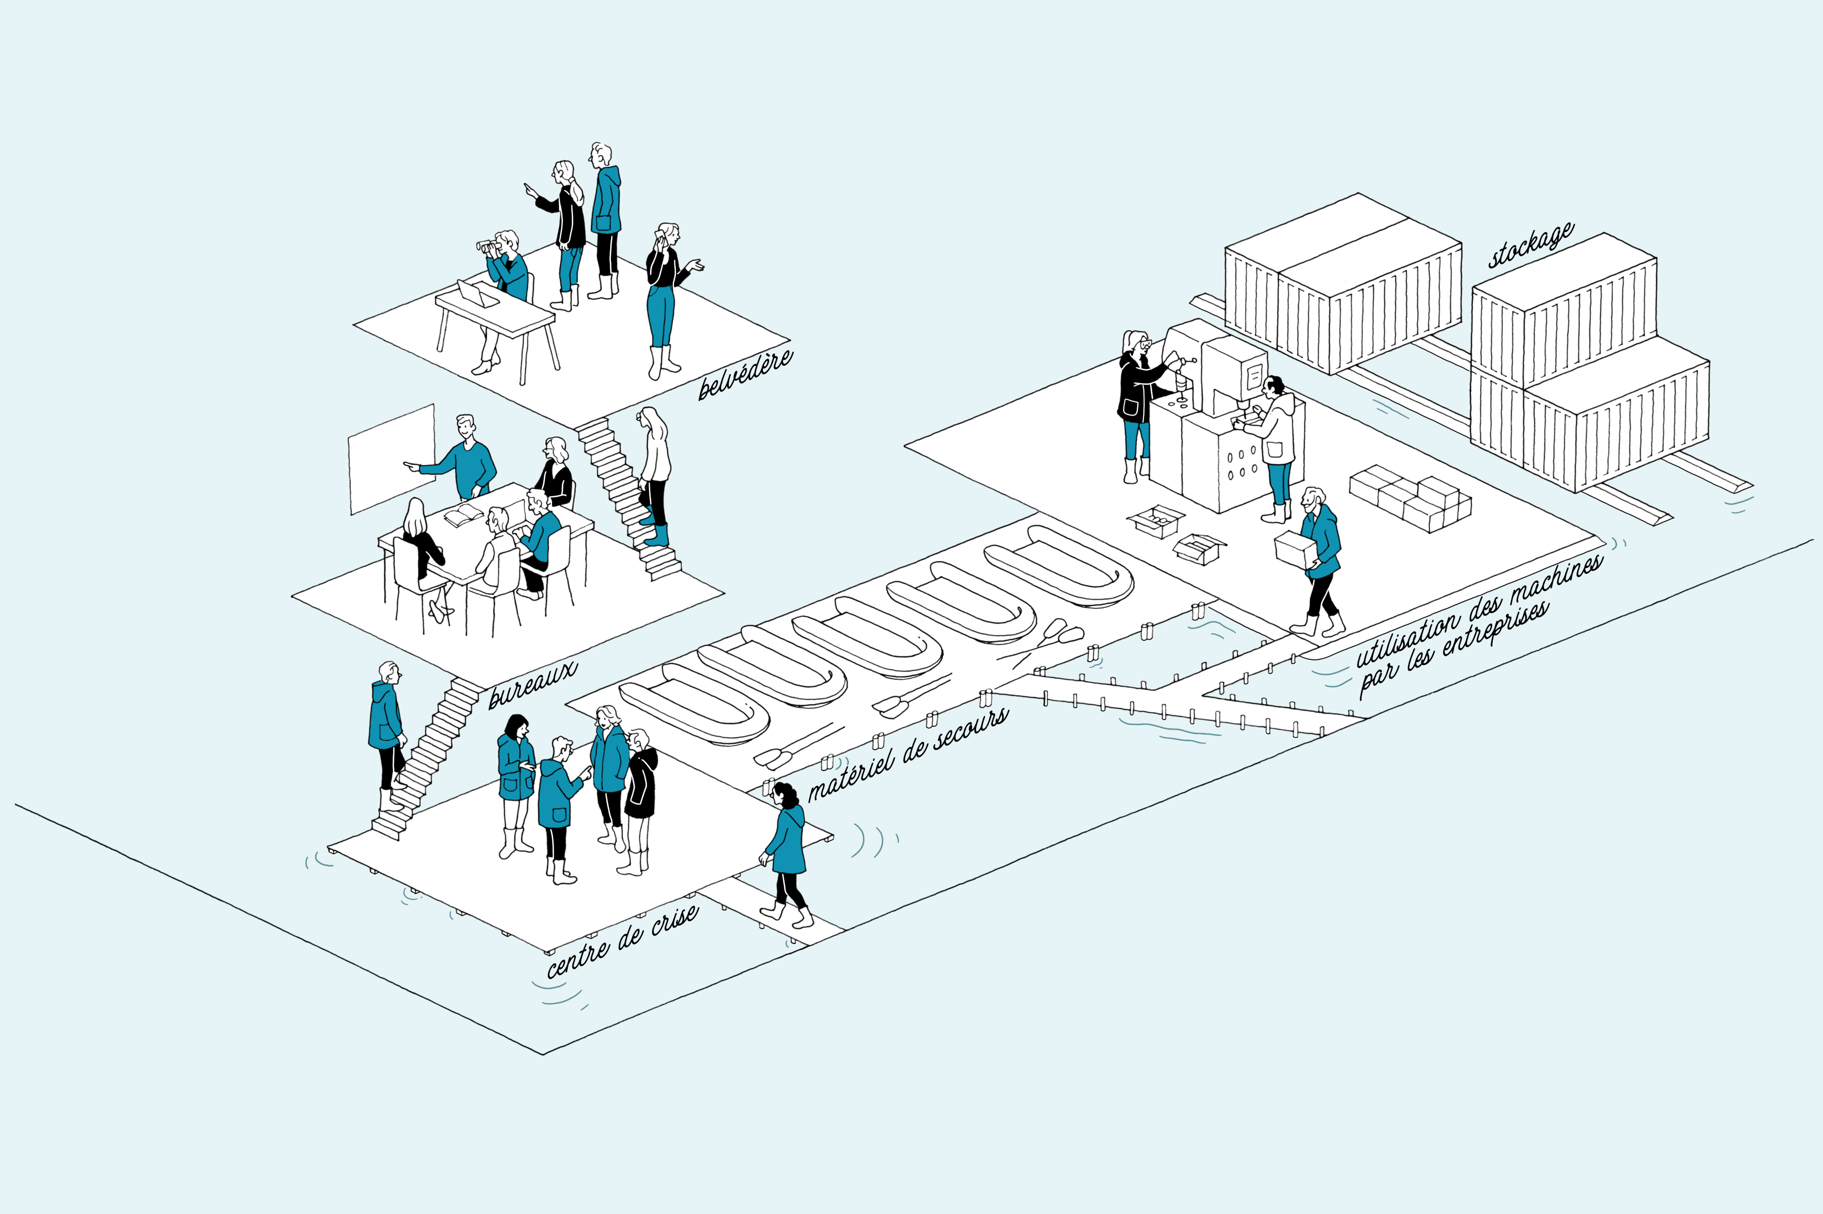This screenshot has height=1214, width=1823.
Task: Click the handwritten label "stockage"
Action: click(1531, 245)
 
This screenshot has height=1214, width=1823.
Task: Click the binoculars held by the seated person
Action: click(490, 246)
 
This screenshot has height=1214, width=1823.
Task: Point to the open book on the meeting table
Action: click(463, 515)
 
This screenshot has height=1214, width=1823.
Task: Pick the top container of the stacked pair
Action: click(1564, 310)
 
